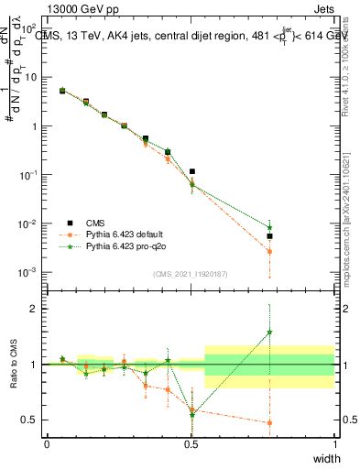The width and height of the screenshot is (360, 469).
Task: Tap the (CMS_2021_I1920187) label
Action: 191,274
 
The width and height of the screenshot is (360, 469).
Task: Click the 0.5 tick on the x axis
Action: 191,444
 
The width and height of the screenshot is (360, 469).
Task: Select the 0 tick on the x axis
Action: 47,444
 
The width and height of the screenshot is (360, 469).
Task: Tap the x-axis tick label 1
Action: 334,444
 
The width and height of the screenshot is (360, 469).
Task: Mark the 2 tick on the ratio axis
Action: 37,309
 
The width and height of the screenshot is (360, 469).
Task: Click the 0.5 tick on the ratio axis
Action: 33,420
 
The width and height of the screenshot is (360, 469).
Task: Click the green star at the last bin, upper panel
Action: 269,227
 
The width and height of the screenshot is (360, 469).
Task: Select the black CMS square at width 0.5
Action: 192,171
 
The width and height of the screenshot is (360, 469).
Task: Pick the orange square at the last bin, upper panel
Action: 269,251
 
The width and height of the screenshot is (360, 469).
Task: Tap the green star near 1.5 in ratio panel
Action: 269,333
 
